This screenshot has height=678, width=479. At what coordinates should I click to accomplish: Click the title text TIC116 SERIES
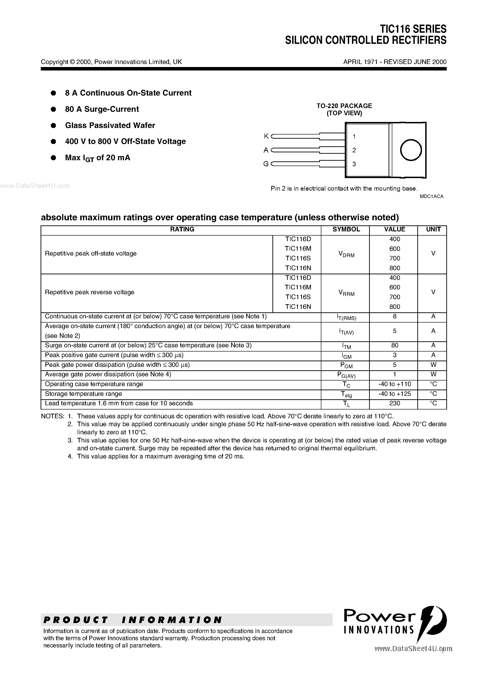pos(413,29)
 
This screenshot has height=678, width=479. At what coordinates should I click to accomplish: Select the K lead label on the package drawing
pos(266,136)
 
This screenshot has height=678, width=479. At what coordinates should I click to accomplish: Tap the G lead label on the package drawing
pos(266,164)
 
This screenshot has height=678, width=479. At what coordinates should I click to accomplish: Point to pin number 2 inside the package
pos(354,150)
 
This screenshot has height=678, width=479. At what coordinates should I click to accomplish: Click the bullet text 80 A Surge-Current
pos(102,109)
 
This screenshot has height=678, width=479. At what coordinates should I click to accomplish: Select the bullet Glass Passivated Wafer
pos(110,125)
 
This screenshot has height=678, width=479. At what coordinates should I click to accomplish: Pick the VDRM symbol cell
pos(346,254)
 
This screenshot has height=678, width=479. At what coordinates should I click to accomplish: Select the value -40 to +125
pos(395,394)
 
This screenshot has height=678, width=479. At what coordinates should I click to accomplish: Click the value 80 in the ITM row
pos(395,345)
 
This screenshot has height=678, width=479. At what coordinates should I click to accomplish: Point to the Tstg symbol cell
pos(346,394)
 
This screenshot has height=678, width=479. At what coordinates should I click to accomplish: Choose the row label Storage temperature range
pos(83,394)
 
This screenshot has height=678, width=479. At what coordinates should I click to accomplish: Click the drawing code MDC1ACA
pos(431,196)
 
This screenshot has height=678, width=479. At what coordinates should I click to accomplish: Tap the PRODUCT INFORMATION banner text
pos(133,620)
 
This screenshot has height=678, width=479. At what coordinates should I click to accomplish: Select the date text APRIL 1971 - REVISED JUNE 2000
pos(395,62)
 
